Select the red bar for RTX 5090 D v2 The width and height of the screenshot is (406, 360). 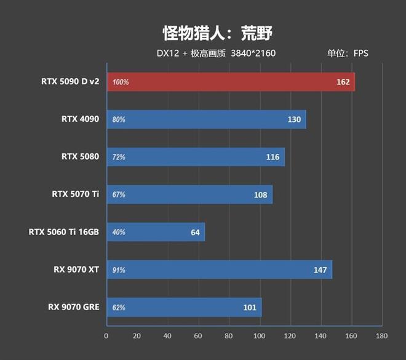pyautogui.click(x=231, y=82)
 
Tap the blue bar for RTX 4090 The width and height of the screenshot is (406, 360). pyautogui.click(x=206, y=119)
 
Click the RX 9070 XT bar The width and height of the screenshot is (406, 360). pyautogui.click(x=219, y=270)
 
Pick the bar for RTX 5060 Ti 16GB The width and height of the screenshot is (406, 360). pyautogui.click(x=156, y=232)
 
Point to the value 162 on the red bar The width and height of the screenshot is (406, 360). pyautogui.click(x=343, y=82)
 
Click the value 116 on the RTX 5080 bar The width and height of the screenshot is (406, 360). pyautogui.click(x=273, y=157)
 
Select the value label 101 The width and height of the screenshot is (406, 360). pyautogui.click(x=250, y=307)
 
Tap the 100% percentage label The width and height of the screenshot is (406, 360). pyautogui.click(x=121, y=82)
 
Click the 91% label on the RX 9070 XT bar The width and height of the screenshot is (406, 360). pyautogui.click(x=119, y=270)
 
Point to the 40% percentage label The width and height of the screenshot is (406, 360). pyautogui.click(x=119, y=232)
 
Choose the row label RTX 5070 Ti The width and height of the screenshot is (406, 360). pyautogui.click(x=75, y=194)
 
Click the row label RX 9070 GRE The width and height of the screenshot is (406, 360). pyautogui.click(x=73, y=307)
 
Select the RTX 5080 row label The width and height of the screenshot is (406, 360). pyautogui.click(x=80, y=157)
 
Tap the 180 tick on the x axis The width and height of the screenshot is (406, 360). pyautogui.click(x=381, y=336)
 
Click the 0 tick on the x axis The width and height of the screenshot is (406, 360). pyautogui.click(x=106, y=336)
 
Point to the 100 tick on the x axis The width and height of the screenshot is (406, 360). pyautogui.click(x=259, y=336)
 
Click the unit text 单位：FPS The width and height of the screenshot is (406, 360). pyautogui.click(x=348, y=53)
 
